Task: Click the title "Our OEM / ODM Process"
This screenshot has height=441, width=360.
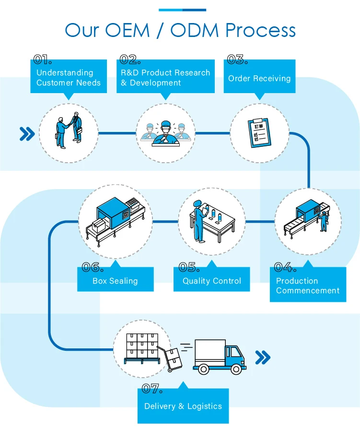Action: (x=180, y=30)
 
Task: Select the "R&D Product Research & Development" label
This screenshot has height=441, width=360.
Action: (x=165, y=77)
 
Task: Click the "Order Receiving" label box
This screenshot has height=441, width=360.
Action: (x=259, y=78)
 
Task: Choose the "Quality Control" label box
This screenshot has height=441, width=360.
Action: (x=211, y=281)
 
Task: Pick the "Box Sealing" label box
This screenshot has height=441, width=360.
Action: (x=115, y=281)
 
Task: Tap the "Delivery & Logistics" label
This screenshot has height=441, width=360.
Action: (x=183, y=406)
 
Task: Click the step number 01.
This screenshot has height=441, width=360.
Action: (x=43, y=60)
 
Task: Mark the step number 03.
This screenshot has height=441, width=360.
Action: (x=237, y=60)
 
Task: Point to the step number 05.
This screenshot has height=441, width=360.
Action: (x=189, y=267)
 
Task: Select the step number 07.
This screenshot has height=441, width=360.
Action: (x=152, y=389)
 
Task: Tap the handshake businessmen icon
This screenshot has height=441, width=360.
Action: (x=69, y=130)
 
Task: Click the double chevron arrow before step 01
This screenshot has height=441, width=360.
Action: (x=27, y=134)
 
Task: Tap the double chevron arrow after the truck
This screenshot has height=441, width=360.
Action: (x=263, y=357)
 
